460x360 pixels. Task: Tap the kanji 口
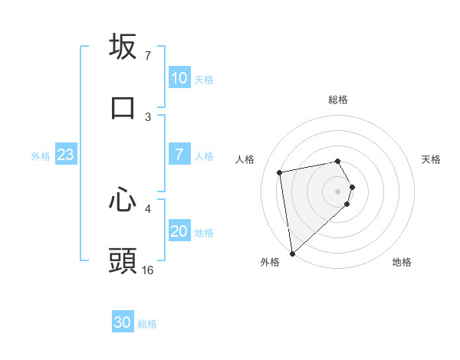pyautogui.click(x=123, y=107)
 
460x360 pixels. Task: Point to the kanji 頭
pyautogui.click(x=123, y=260)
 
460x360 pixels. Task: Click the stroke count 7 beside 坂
pyautogui.click(x=147, y=56)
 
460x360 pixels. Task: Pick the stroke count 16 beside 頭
pyautogui.click(x=148, y=270)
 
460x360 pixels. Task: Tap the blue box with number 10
pyautogui.click(x=179, y=78)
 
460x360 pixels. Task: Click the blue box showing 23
pyautogui.click(x=66, y=155)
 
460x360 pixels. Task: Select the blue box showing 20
pyautogui.click(x=179, y=231)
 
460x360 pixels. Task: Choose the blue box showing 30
pyautogui.click(x=123, y=322)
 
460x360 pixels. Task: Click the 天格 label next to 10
pyautogui.click(x=204, y=79)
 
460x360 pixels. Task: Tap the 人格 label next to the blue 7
pyautogui.click(x=204, y=155)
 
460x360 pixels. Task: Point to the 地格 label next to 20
pyautogui.click(x=204, y=232)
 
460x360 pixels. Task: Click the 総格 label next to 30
pyautogui.click(x=147, y=323)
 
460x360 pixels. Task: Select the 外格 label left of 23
pyautogui.click(x=41, y=155)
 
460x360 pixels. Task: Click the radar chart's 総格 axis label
pyautogui.click(x=338, y=100)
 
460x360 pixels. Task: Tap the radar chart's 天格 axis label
pyautogui.click(x=432, y=159)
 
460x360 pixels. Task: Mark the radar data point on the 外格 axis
pyautogui.click(x=292, y=254)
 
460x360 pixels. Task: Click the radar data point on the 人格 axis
pyautogui.click(x=280, y=172)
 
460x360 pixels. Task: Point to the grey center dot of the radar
pyautogui.click(x=338, y=191)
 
